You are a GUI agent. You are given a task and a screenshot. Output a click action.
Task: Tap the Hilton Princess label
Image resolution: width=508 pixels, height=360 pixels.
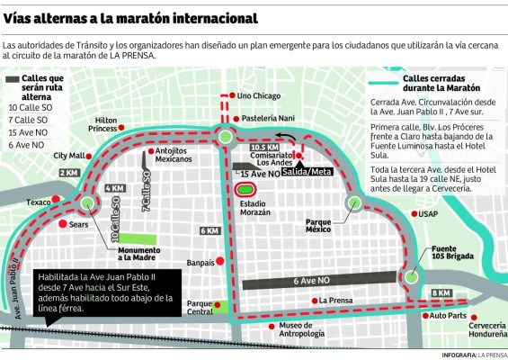point(101,124)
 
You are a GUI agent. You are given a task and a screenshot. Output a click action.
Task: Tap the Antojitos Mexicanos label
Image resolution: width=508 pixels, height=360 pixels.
point(174,154)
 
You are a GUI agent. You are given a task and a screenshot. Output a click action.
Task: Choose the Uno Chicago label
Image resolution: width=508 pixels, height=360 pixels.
point(261,95)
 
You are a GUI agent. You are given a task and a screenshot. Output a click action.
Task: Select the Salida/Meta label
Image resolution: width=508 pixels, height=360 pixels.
point(301,171)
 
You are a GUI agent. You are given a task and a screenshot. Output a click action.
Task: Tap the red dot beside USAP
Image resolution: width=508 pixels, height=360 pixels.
point(414,214)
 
